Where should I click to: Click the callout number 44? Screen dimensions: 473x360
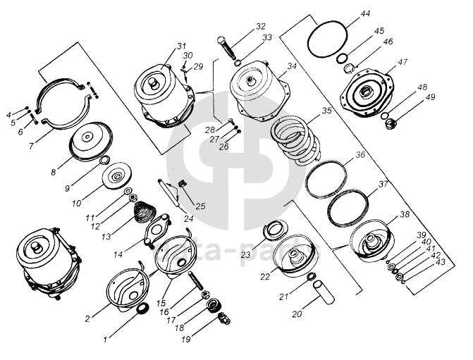pos(365,14)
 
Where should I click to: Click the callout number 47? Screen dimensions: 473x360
pos(403,62)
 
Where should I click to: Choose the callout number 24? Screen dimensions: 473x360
pos(189,218)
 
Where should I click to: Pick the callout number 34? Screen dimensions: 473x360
pos(293,66)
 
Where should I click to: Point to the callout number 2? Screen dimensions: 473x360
pos(87,318)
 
